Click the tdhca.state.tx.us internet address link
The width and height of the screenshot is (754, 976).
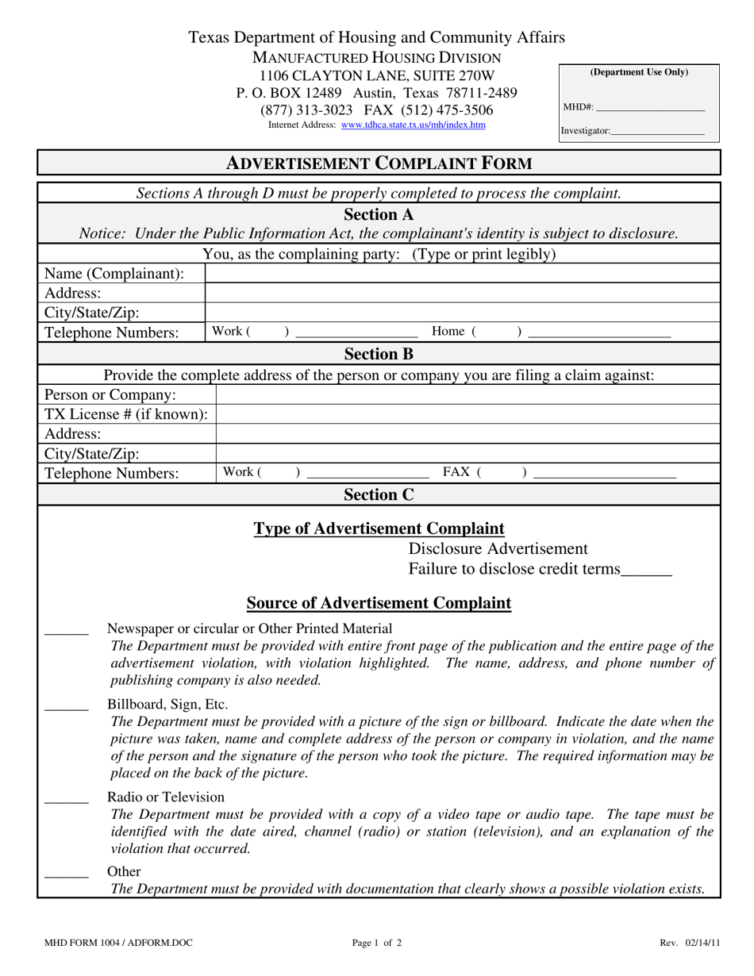(413, 125)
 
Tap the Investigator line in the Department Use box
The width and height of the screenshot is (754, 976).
(657, 131)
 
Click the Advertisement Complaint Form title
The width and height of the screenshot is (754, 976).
(379, 163)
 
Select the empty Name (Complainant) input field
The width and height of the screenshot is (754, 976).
(462, 274)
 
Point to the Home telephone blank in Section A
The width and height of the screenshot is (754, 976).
(598, 332)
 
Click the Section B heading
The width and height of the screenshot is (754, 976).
(379, 354)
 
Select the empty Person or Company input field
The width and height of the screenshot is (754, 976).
(467, 394)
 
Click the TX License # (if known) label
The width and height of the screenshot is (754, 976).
(126, 414)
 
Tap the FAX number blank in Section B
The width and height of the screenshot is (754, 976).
(605, 473)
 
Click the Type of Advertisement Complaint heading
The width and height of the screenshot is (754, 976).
(379, 528)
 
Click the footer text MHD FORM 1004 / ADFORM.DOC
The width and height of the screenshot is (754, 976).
(118, 943)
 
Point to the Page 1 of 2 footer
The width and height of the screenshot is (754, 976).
(377, 943)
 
